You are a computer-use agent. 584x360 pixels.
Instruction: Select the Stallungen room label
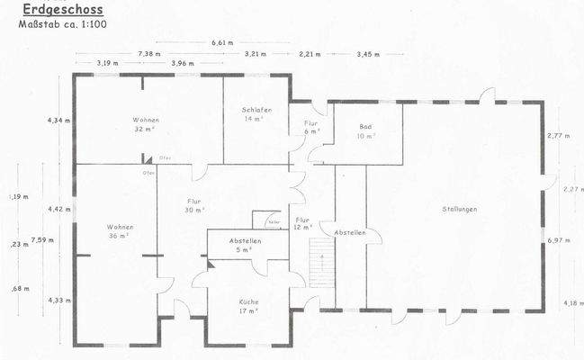pos(459,209)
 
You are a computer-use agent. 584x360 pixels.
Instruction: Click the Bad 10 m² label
pos(365,131)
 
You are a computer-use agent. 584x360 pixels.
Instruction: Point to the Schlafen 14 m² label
pos(256,114)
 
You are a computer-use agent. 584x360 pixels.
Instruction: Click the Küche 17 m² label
pos(248,307)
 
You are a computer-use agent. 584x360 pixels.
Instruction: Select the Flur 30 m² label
pos(193,205)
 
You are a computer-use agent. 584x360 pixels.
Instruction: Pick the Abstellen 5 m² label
pos(246,245)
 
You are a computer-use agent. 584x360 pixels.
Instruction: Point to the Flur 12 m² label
pos(302,223)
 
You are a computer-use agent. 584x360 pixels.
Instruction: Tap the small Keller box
pos(270,220)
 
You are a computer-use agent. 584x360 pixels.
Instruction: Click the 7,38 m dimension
pos(149,53)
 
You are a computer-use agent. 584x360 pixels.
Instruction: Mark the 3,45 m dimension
pos(368,53)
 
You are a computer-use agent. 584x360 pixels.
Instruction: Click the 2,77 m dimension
pos(559,135)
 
